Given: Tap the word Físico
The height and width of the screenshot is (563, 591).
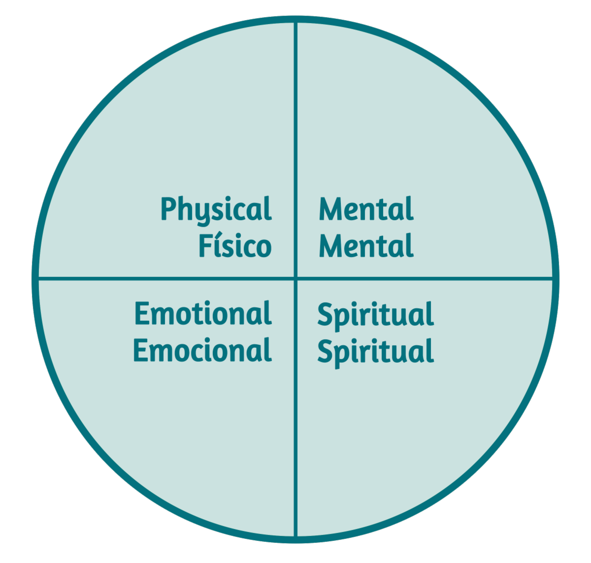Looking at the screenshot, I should (234, 246).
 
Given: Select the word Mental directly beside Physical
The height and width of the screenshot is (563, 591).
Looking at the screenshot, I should (366, 209).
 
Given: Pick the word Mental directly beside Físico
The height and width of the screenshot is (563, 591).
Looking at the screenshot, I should (366, 246).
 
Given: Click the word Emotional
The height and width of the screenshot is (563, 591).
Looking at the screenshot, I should (202, 314).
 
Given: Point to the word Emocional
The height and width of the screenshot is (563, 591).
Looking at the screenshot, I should (202, 350).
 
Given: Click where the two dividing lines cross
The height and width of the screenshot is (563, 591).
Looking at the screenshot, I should (295, 278).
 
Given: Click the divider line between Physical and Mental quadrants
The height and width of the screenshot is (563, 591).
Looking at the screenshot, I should (295, 148).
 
